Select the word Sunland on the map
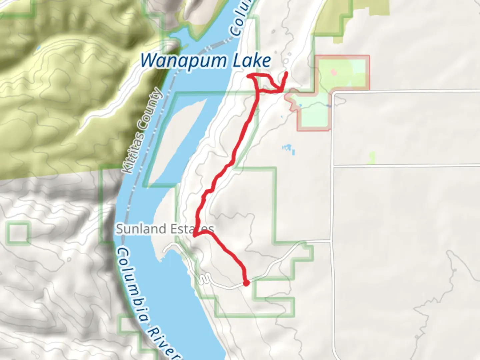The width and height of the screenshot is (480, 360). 136,229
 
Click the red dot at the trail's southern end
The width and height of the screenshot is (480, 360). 246,283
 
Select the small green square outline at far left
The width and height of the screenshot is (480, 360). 18,232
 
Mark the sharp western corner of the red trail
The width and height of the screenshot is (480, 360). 194,236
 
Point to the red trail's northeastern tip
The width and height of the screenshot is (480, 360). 287,73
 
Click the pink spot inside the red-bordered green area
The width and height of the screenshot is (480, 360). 334,72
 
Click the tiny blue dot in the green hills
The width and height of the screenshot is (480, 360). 39,47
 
